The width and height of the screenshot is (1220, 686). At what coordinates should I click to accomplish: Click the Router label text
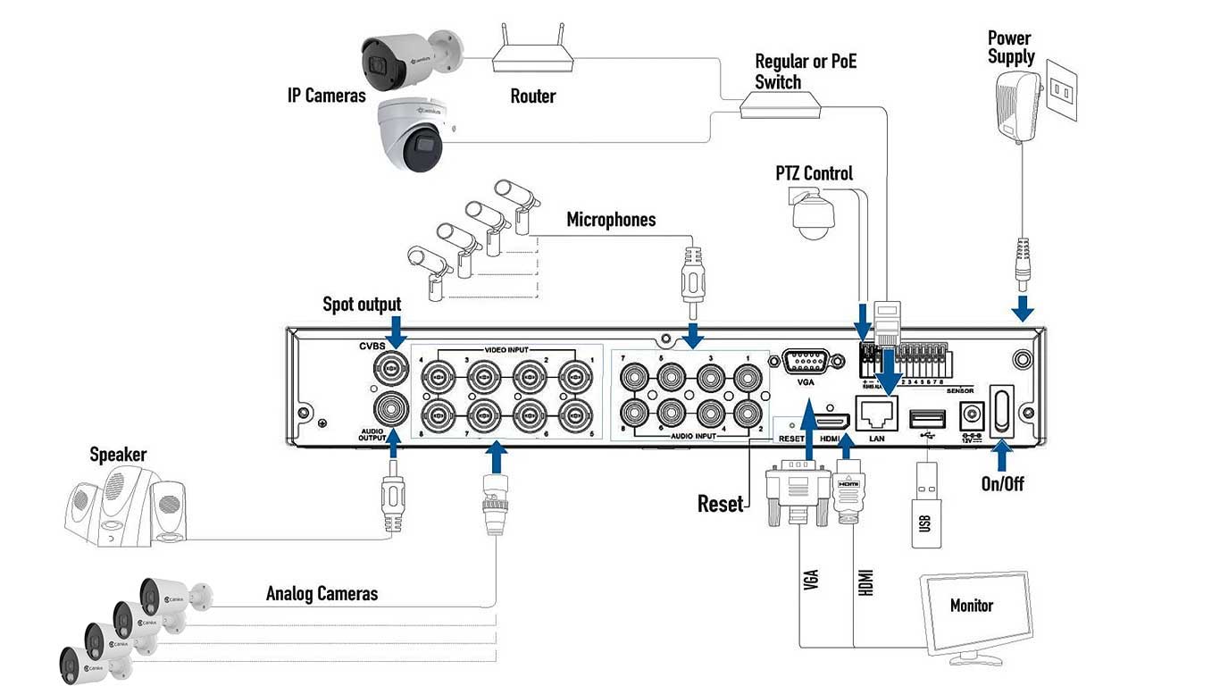[532, 96]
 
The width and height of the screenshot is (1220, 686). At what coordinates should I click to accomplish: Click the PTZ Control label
[814, 173]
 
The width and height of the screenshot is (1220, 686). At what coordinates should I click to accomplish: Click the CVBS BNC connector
[390, 367]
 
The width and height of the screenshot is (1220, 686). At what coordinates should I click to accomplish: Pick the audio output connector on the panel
[390, 411]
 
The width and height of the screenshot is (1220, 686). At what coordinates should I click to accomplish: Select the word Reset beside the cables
[719, 504]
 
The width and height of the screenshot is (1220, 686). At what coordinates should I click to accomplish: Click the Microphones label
[611, 220]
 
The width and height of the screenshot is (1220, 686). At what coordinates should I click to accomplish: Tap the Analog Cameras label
[322, 594]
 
